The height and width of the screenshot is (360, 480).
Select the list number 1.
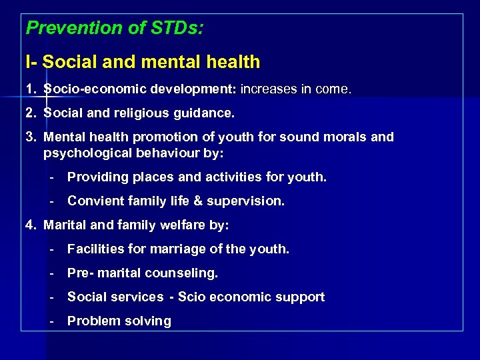[x=30, y=89]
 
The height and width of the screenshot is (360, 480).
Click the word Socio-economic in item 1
[x=95, y=89]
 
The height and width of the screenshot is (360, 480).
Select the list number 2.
[x=30, y=113]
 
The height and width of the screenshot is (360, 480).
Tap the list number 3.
[x=30, y=137]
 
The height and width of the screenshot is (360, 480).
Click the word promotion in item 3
[x=163, y=137]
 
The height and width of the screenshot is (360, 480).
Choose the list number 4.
[x=30, y=225]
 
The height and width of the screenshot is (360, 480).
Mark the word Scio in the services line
[x=191, y=297]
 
